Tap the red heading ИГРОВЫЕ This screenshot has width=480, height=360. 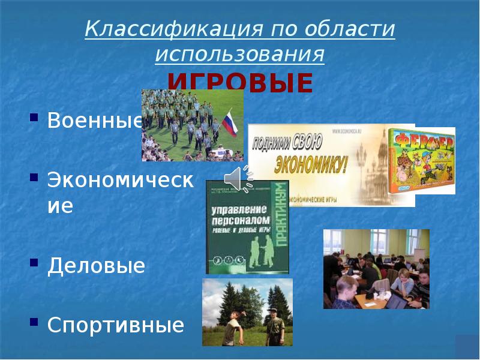tap(240, 83)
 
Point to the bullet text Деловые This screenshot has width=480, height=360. tap(97, 266)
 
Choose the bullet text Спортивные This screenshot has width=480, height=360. tap(116, 325)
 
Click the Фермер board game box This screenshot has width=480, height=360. tap(421, 160)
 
